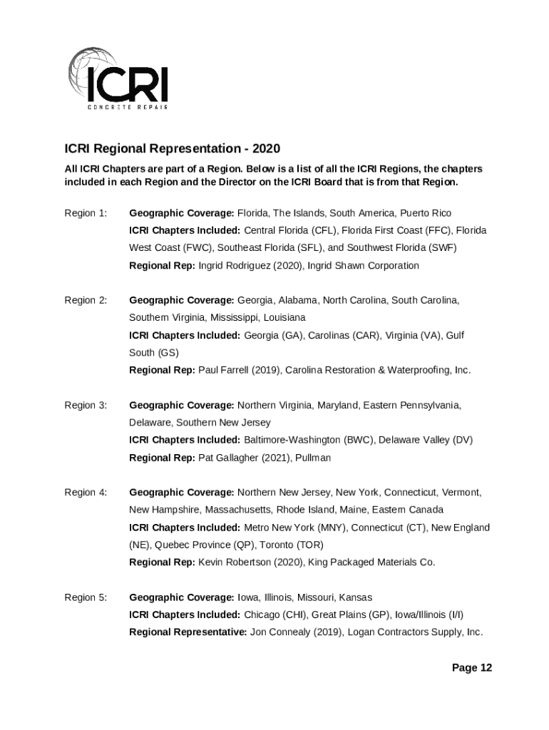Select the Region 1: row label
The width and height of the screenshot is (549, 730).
point(86,213)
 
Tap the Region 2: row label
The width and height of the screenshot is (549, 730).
point(86,300)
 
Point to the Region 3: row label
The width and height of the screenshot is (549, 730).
point(86,405)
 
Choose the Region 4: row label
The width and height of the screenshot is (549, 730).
point(86,492)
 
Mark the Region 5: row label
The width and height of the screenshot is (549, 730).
point(86,597)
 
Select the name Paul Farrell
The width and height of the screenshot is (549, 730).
point(222,371)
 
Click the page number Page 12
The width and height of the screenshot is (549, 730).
point(471,668)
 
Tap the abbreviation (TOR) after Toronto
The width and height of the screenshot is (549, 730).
point(309,545)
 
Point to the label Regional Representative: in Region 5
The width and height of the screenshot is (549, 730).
point(188,632)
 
